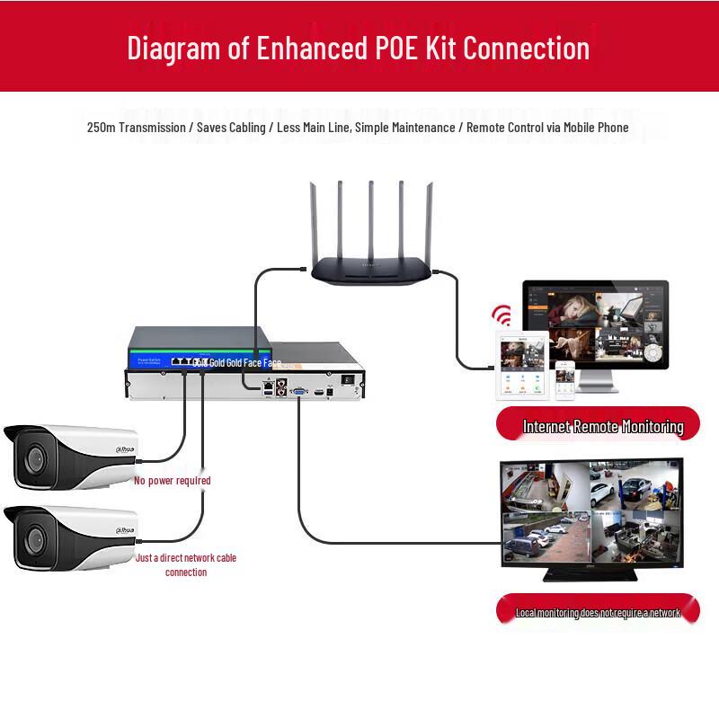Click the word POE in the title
pos(393,47)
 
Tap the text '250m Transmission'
pos(136,128)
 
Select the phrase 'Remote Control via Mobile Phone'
pos(547,128)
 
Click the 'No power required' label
pos(173,481)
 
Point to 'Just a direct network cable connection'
pos(186,564)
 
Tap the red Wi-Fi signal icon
pos(501,316)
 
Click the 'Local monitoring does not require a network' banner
pos(598,612)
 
